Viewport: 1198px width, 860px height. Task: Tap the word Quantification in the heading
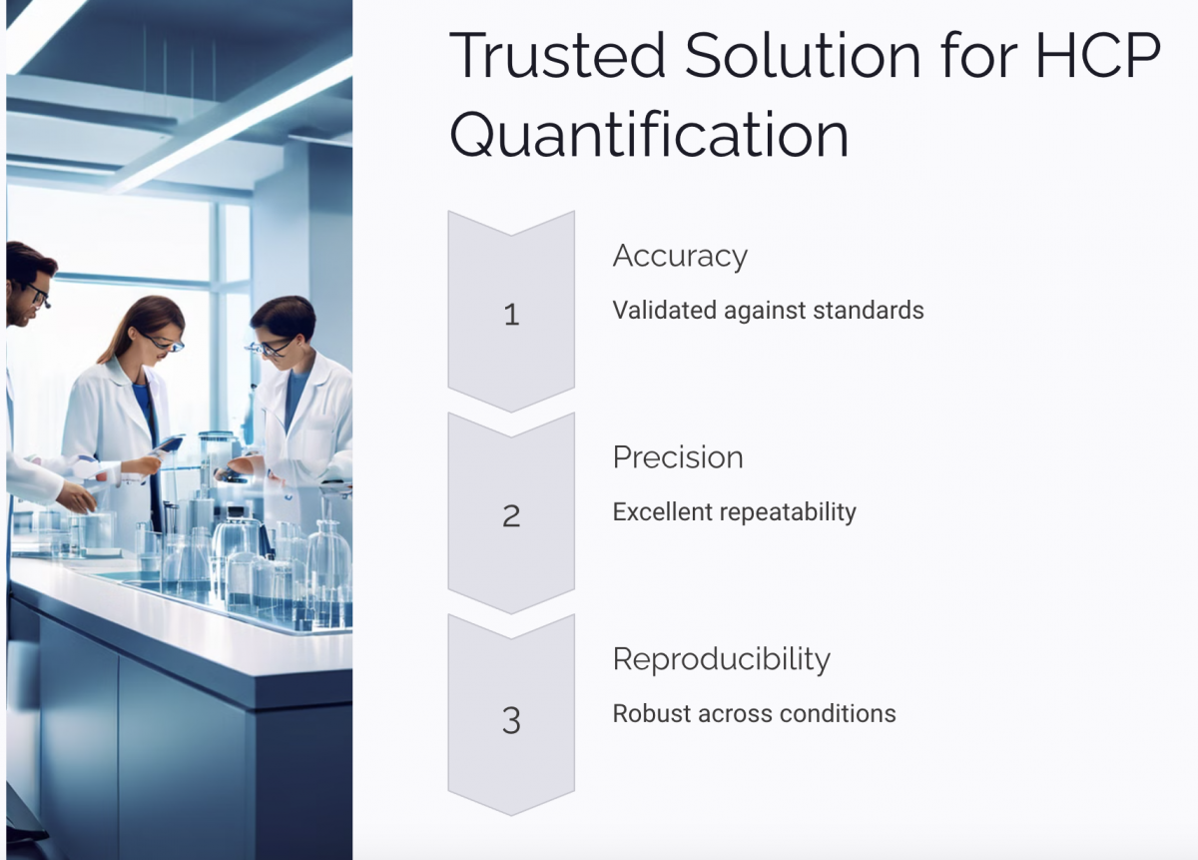[x=649, y=137]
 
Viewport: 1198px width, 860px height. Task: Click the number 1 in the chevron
[x=511, y=316]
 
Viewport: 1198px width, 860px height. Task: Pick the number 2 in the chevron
[x=511, y=516]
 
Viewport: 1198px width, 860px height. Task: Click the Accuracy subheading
[x=680, y=257]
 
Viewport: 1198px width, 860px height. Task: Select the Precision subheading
[x=678, y=457]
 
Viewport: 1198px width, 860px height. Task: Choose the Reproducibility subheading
[x=721, y=659]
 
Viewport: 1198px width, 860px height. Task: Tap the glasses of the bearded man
[x=37, y=294]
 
